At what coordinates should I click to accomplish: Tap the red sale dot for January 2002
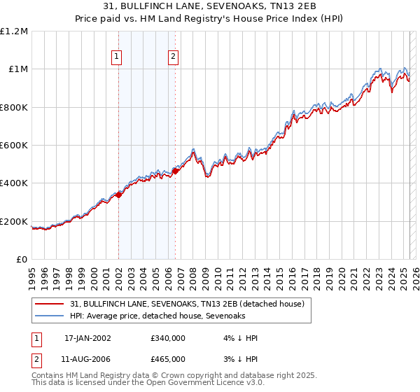pyautogui.click(x=118, y=195)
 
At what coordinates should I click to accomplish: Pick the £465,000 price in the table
pyautogui.click(x=168, y=358)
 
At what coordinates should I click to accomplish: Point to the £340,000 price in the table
pyautogui.click(x=168, y=338)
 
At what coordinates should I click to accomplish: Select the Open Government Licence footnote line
pyautogui.click(x=148, y=384)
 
